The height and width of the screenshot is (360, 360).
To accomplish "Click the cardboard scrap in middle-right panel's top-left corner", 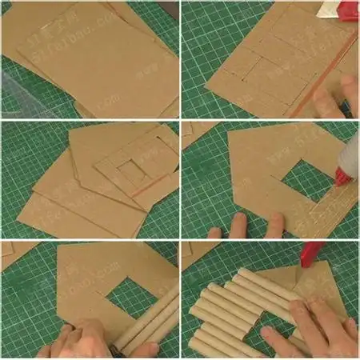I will [x=196, y=132].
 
